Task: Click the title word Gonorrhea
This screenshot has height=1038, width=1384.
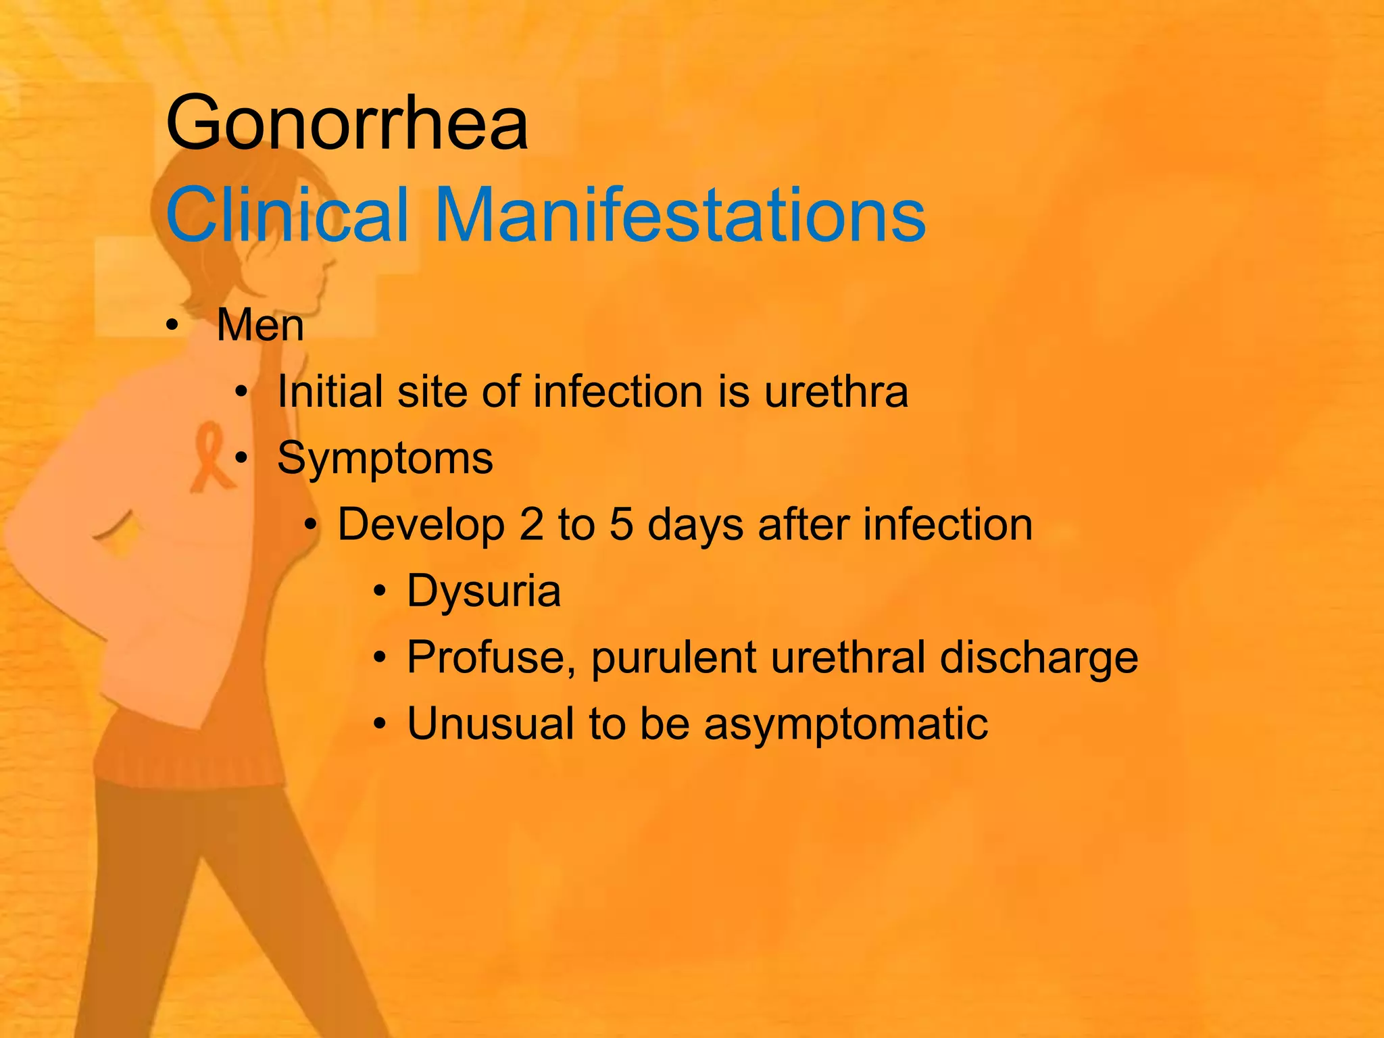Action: (x=347, y=124)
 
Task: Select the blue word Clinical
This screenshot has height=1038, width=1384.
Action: (x=287, y=214)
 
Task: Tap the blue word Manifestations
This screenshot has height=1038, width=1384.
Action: (x=680, y=214)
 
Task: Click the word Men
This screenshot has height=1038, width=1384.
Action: (x=260, y=326)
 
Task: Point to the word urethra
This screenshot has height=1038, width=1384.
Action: (x=836, y=392)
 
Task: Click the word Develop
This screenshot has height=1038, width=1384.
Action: (x=421, y=525)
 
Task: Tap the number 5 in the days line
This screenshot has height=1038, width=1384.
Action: (x=621, y=525)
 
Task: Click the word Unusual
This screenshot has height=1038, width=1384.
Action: (x=491, y=724)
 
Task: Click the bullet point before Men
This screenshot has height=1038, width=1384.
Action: (x=173, y=326)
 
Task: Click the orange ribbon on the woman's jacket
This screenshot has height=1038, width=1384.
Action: (x=210, y=456)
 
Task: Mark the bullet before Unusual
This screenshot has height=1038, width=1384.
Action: (x=380, y=725)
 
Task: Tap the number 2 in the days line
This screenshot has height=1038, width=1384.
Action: (x=531, y=525)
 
